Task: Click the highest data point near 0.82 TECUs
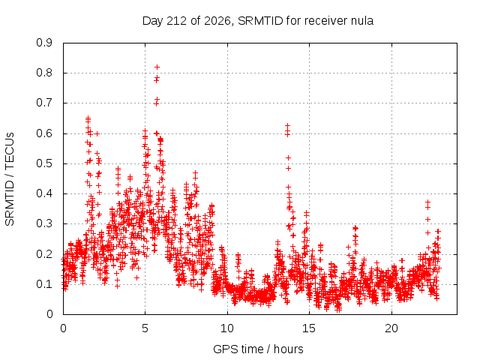click(x=157, y=67)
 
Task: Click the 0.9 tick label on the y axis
click(x=44, y=43)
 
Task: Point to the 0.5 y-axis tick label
click(x=44, y=163)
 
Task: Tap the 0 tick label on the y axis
click(x=49, y=314)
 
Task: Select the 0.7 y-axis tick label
click(x=44, y=103)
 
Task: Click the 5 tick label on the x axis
click(x=145, y=328)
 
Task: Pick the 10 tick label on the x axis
click(x=227, y=328)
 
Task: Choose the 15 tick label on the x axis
click(x=309, y=328)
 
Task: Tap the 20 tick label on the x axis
click(x=391, y=328)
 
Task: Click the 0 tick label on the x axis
click(x=63, y=328)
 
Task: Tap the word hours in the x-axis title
click(x=288, y=349)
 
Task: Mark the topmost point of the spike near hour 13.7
click(x=287, y=125)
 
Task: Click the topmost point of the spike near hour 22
click(x=428, y=202)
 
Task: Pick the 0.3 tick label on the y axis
click(x=44, y=223)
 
